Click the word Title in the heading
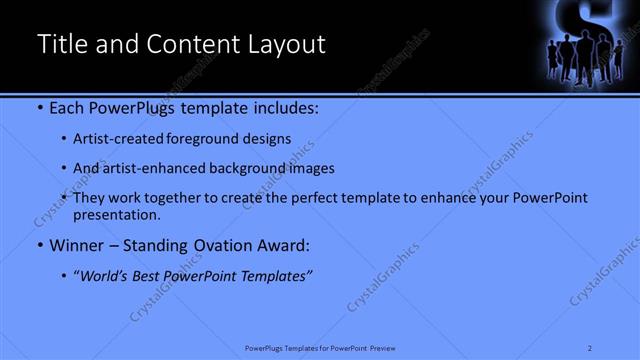(x=62, y=44)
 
